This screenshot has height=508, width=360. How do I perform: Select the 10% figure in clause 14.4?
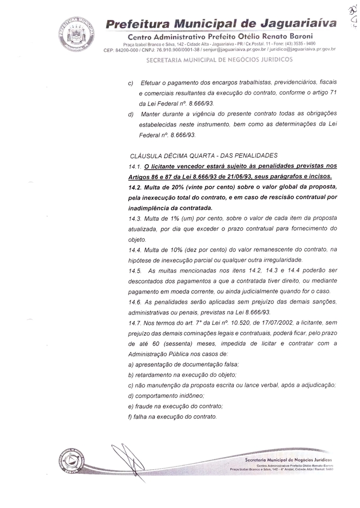tap(175, 250)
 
